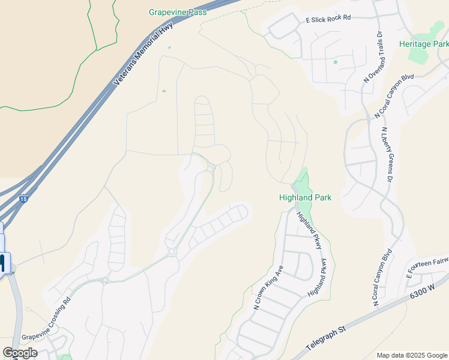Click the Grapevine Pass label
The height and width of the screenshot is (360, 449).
pos(178,12)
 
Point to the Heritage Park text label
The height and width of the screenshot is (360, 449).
pos(424,44)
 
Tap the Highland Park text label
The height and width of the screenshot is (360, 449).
pos(305,197)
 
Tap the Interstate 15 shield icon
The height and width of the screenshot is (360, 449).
pos(23,199)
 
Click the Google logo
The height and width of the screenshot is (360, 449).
pos(20,353)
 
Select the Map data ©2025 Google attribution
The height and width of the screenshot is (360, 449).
pos(412,355)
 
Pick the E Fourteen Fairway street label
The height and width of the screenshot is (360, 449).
pos(427,268)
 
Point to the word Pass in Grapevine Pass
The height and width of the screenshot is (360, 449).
pos(197,12)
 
